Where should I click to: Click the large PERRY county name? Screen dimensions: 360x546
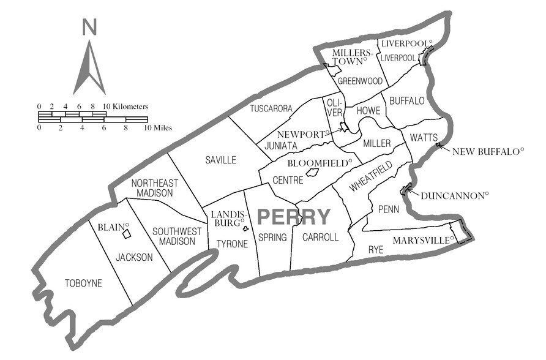tap(294, 217)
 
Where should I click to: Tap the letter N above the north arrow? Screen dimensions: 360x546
tap(90, 27)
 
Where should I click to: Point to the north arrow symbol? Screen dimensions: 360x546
tap(89, 67)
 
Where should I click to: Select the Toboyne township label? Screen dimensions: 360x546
tap(83, 283)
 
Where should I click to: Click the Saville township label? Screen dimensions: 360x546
tap(221, 160)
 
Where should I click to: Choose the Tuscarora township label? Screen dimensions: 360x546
tap(271, 108)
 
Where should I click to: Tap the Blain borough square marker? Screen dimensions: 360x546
tap(126, 233)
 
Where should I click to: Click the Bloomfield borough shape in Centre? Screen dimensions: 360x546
tap(312, 173)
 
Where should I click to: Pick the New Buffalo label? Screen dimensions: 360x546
tap(488, 150)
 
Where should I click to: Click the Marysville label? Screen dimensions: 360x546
tap(422, 240)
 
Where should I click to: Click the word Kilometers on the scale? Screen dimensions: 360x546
tap(129, 107)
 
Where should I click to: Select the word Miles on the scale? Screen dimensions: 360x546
tap(158, 128)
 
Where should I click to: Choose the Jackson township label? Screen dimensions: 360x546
tap(134, 257)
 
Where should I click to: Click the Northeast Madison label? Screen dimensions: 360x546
tap(153, 187)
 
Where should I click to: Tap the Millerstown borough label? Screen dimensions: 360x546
tap(348, 57)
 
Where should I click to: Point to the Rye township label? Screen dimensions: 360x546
tap(376, 250)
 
